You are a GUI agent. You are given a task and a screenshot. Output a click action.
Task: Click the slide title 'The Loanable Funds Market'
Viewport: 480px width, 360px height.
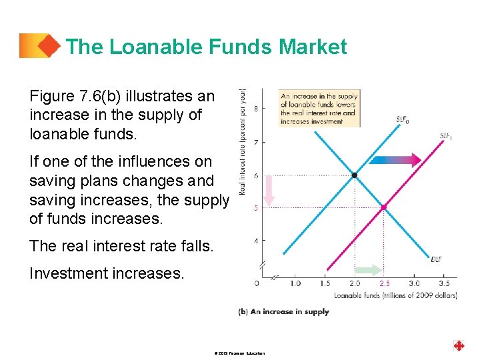207,47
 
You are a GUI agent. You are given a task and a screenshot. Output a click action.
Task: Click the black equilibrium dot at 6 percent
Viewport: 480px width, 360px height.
355,175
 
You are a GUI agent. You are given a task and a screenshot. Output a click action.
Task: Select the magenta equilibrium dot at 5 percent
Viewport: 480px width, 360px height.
384,207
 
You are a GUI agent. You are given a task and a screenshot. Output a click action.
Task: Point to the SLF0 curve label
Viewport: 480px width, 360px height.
403,121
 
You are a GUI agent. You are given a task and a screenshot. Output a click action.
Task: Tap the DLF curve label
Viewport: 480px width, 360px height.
437,259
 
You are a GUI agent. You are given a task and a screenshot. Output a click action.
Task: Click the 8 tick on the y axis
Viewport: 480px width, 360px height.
256,109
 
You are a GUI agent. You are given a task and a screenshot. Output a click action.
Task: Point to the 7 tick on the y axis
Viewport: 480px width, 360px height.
256,142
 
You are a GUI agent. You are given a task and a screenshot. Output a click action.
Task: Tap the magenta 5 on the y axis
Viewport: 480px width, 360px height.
256,207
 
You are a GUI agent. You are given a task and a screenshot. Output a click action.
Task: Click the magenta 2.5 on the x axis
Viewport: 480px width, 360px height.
385,283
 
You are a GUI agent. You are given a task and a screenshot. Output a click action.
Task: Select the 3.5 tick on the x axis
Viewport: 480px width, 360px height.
443,283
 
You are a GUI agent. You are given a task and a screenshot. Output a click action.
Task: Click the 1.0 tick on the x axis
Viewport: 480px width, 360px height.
295,283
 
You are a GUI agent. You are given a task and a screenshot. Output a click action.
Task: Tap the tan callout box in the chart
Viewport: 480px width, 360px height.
319,107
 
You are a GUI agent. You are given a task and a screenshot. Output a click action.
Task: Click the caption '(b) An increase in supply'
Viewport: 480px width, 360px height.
284,311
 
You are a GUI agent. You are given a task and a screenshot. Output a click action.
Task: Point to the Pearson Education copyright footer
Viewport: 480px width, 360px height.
240,353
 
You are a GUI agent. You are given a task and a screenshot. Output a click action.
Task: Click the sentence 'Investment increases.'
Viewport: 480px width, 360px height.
106,273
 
